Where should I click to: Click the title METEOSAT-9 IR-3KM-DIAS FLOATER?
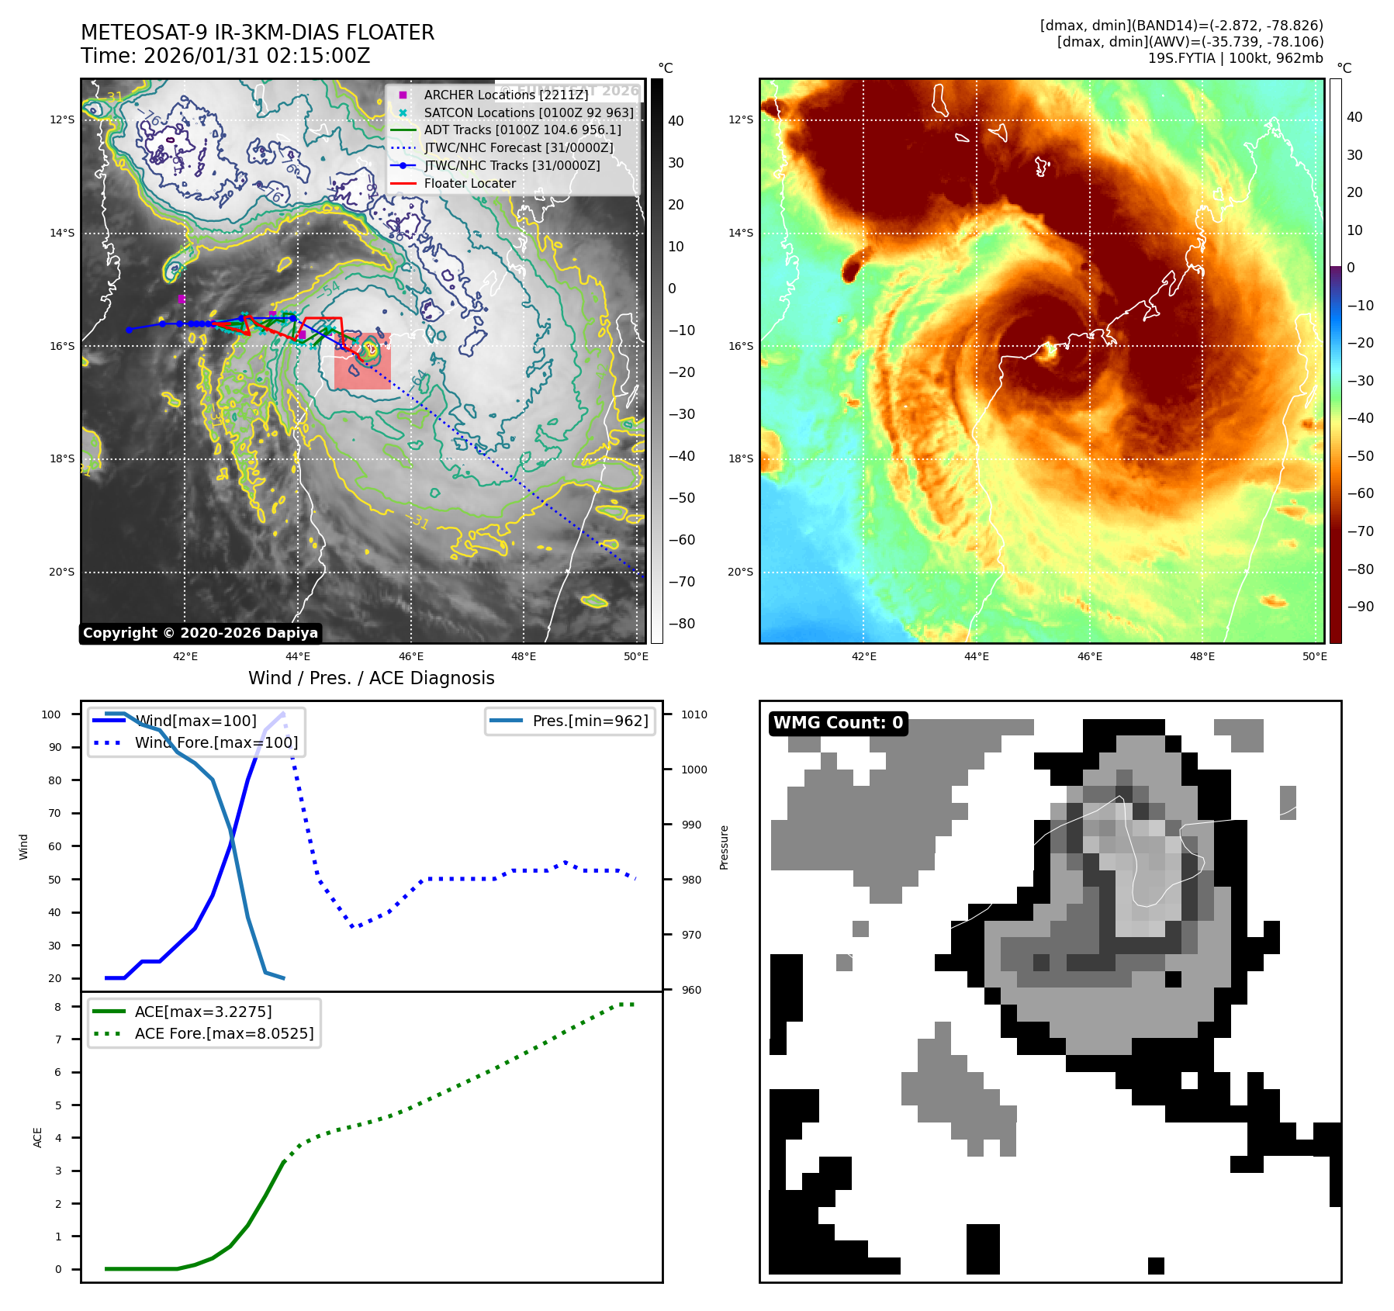pyautogui.click(x=258, y=33)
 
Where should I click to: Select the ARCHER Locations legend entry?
pyautogui.click(x=506, y=95)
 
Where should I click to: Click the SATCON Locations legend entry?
pyautogui.click(x=528, y=112)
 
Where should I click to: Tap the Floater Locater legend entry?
pyautogui.click(x=469, y=183)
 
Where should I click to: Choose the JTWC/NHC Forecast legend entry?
pyautogui.click(x=518, y=147)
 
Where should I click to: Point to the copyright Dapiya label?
pyautogui.click(x=200, y=633)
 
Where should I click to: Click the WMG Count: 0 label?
pyautogui.click(x=838, y=723)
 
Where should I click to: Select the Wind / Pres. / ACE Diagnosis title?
pyautogui.click(x=371, y=678)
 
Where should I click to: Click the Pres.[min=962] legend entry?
pyautogui.click(x=590, y=721)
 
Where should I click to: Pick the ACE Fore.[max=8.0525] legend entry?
pyautogui.click(x=224, y=1033)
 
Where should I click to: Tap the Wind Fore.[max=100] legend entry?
pyautogui.click(x=216, y=742)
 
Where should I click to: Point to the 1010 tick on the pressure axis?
pyautogui.click(x=694, y=714)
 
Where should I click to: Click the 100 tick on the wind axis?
pyautogui.click(x=51, y=714)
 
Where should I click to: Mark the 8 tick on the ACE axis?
pyautogui.click(x=58, y=1007)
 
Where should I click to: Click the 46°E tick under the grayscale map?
pyautogui.click(x=411, y=656)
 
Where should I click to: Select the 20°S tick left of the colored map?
pyautogui.click(x=740, y=572)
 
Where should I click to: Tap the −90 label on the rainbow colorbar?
pyautogui.click(x=1360, y=607)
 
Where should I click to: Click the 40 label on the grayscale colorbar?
pyautogui.click(x=676, y=121)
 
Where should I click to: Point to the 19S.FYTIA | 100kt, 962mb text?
pyautogui.click(x=1235, y=58)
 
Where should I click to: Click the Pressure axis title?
pyautogui.click(x=724, y=847)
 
